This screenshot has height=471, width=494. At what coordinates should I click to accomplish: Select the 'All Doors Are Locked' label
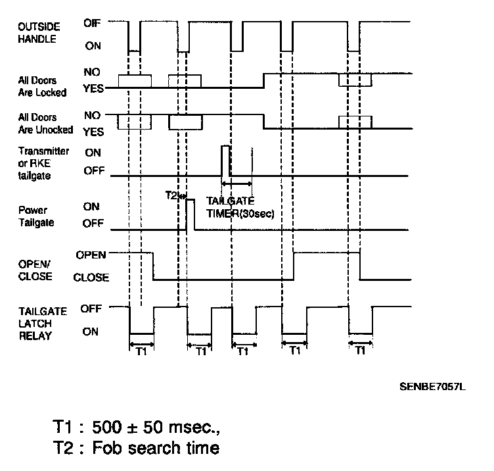click(43, 87)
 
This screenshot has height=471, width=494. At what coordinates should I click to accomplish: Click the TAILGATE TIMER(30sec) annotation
click(240, 207)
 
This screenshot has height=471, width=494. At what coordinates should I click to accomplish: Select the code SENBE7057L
click(432, 386)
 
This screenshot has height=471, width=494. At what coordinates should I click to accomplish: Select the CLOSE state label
click(91, 278)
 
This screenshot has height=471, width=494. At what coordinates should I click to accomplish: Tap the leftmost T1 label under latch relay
click(141, 352)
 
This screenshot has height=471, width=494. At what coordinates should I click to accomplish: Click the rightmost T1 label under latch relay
click(360, 352)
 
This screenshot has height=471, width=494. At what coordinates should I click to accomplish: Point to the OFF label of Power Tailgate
click(93, 224)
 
